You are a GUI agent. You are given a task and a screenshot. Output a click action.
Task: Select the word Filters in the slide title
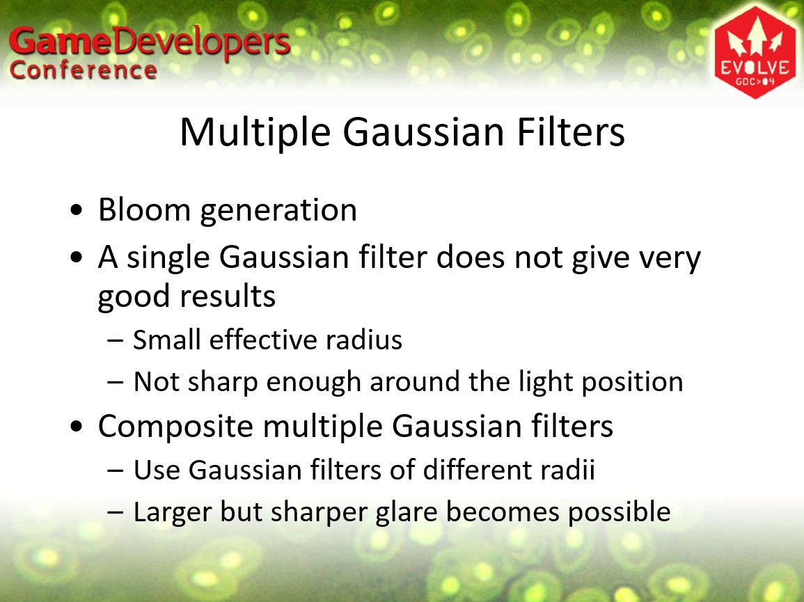pyautogui.click(x=571, y=132)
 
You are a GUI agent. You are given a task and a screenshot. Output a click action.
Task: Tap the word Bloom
pyautogui.click(x=145, y=209)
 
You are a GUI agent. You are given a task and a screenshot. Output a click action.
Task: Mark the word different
pyautogui.click(x=478, y=470)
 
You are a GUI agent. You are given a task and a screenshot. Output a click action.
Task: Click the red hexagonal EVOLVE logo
pyautogui.click(x=755, y=52)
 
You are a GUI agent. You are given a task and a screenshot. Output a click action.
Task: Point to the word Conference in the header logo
pyautogui.click(x=83, y=70)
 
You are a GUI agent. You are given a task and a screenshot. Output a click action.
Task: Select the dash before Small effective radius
pyautogui.click(x=116, y=341)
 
